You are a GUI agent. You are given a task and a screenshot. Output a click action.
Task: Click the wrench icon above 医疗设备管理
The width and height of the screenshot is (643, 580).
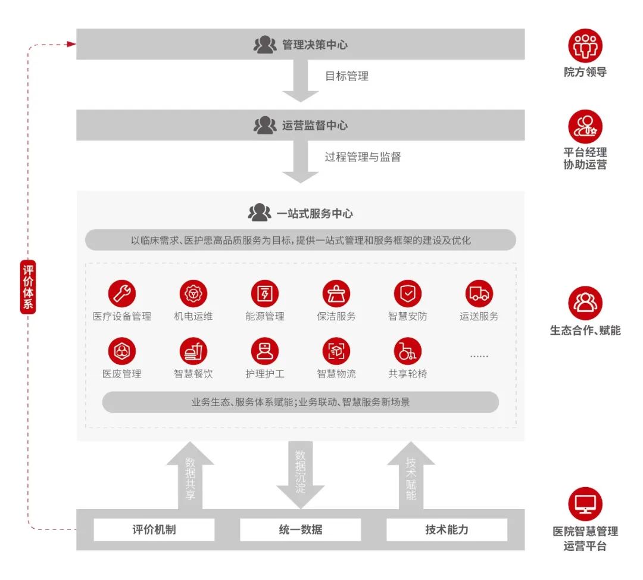[x=122, y=294]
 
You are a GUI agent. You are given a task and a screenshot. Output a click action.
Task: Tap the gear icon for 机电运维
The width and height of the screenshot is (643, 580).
[x=193, y=294]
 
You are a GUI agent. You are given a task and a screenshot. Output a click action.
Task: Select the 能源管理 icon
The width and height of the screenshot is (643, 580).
[x=265, y=294]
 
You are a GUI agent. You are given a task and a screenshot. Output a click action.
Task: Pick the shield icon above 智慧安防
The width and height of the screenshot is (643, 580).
[x=408, y=294]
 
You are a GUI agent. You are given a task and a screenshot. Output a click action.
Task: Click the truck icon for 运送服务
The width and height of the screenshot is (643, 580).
[x=479, y=294]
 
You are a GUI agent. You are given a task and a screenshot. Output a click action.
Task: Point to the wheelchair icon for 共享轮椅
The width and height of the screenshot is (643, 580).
[x=408, y=351]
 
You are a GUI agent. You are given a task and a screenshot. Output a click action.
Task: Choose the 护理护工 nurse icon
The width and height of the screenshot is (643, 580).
[x=265, y=351]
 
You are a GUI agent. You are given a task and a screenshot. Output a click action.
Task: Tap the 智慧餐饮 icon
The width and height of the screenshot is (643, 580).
[x=193, y=351]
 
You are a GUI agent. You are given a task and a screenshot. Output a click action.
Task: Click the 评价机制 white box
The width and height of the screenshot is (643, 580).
[x=154, y=529]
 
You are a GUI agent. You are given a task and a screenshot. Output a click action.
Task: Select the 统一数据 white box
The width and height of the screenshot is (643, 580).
[x=300, y=529]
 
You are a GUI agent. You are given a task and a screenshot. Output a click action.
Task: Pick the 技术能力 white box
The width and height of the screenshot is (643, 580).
[x=447, y=529]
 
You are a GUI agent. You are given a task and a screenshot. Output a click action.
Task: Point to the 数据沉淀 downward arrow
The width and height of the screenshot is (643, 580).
[x=301, y=473]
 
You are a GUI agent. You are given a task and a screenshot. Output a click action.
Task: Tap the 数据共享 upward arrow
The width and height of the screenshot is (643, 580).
[x=190, y=476]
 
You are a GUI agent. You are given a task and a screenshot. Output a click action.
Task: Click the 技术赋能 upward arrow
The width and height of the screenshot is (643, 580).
[x=411, y=476]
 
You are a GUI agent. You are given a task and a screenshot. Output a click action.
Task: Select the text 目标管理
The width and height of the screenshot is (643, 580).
[x=347, y=76]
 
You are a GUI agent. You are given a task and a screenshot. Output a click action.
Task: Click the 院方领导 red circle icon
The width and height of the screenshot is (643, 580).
[x=585, y=46]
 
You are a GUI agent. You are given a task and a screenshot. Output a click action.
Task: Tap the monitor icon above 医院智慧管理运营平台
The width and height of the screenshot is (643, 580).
[x=585, y=504]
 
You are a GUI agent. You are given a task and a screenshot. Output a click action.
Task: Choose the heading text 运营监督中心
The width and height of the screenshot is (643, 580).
[x=315, y=126]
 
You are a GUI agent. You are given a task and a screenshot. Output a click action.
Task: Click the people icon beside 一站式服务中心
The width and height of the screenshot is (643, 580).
[x=260, y=213]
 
